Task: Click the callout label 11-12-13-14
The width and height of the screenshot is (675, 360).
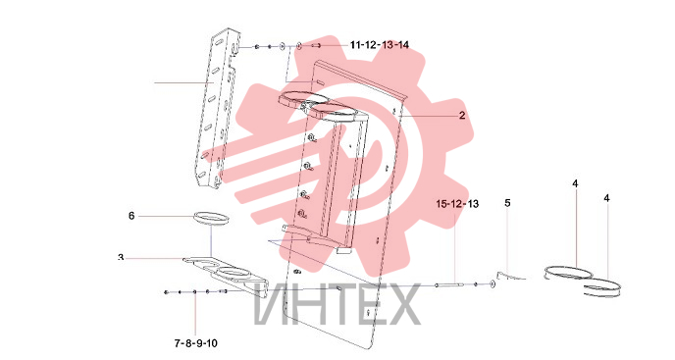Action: tap(380, 45)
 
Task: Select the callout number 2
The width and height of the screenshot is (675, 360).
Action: tap(462, 116)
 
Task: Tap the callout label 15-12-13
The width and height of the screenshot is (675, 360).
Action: tap(457, 204)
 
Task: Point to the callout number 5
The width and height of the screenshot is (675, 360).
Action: tap(507, 203)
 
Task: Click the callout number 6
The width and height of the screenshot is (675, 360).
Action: tap(131, 215)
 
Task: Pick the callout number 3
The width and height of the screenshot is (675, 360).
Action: tap(121, 258)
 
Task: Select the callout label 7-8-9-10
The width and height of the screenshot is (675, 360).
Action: tap(196, 343)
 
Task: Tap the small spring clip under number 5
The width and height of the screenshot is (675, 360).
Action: tap(510, 276)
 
